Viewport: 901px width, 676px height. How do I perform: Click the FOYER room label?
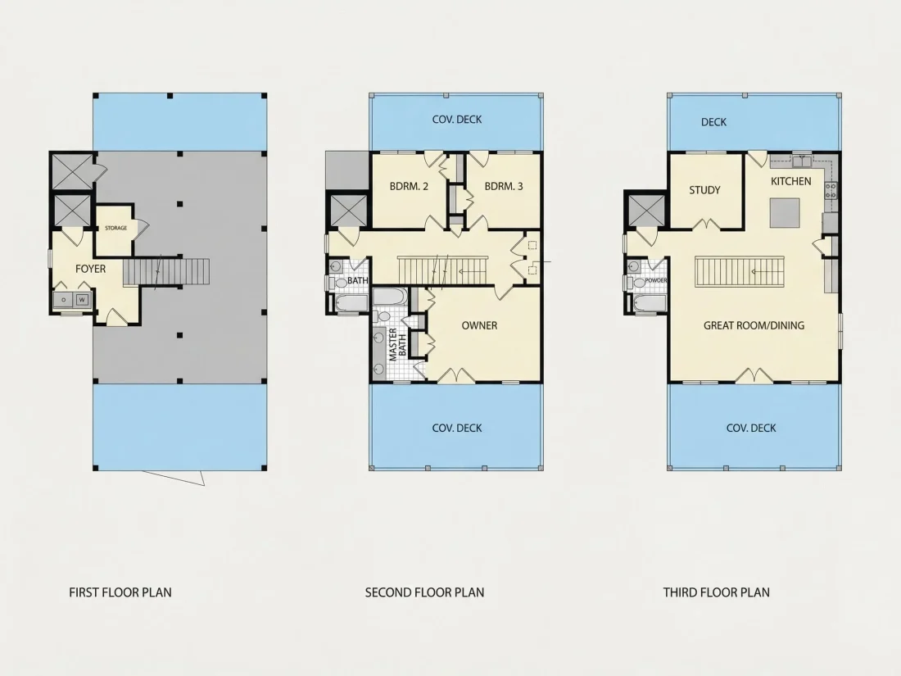90,269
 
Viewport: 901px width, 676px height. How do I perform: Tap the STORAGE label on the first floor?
115,229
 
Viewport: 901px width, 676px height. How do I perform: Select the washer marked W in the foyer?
82,299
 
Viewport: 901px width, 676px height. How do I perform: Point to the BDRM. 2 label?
409,186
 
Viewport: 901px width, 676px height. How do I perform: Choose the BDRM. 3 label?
504,186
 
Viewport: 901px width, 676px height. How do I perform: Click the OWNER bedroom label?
479,325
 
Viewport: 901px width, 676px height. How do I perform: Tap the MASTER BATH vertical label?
397,344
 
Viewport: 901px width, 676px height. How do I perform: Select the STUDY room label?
704,190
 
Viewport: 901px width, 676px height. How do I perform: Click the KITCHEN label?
790,181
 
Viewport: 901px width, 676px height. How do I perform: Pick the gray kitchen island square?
785,213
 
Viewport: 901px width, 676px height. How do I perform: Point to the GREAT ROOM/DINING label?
754,325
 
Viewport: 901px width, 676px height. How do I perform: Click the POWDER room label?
655,280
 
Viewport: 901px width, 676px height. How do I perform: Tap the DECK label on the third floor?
713,122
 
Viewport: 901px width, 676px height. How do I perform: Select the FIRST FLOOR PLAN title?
120,592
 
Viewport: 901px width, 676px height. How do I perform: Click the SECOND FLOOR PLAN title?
424,592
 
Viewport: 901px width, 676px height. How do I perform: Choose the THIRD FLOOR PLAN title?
716,592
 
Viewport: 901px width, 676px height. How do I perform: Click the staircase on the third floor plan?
740,271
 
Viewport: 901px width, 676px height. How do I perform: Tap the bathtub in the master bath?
390,297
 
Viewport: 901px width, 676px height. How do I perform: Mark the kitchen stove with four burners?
831,190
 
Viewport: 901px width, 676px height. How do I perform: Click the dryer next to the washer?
64,299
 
